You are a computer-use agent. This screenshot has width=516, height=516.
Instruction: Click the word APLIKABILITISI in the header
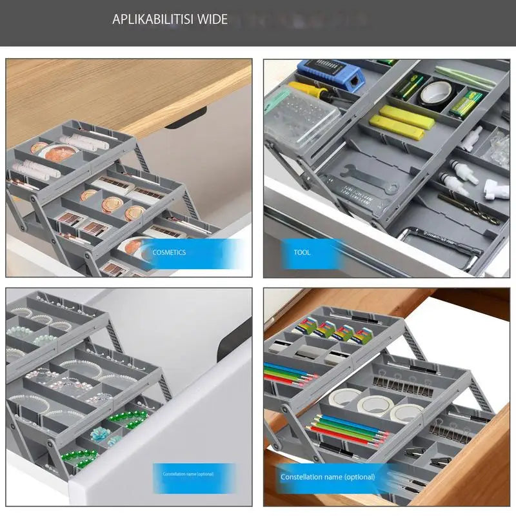pyautogui.click(x=152, y=19)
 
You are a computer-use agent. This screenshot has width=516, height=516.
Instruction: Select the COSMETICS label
pyautogui.click(x=169, y=252)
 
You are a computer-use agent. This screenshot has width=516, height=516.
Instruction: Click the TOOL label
pyautogui.click(x=302, y=252)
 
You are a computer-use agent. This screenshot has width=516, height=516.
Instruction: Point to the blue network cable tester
pyautogui.click(x=331, y=74)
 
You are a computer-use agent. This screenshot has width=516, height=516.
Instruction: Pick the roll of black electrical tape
pyautogui.click(x=435, y=94)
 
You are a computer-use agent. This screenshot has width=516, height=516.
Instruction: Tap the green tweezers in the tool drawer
pyautogui.click(x=464, y=77)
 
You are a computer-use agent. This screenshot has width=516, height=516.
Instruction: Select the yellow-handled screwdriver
pyautogui.click(x=310, y=91)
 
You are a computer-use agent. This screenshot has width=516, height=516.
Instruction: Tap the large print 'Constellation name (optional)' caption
pyautogui.click(x=328, y=477)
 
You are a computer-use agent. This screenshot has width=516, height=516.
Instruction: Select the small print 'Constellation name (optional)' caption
pyautogui.click(x=188, y=474)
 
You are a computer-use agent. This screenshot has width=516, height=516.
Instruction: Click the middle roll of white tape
pyautogui.click(x=374, y=406)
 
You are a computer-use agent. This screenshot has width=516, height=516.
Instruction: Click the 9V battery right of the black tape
pyautogui.click(x=466, y=103)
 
